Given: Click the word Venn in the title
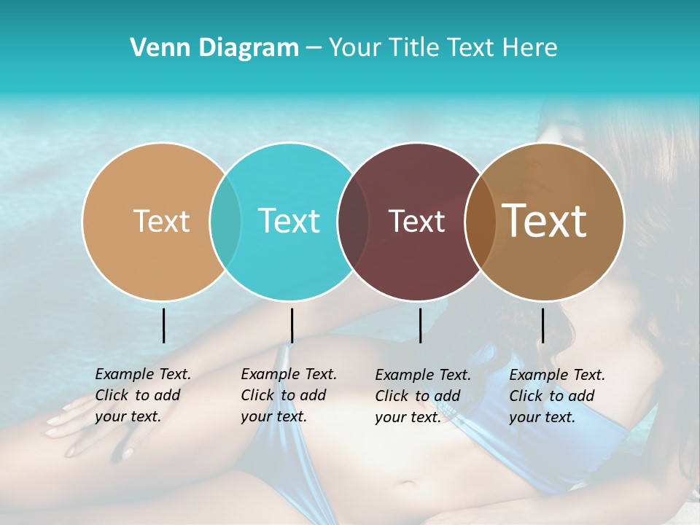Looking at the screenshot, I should tap(154, 48).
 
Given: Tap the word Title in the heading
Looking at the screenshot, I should tap(413, 48).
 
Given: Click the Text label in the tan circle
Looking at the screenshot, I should tap(161, 221).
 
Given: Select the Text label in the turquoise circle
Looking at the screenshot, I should tap(289, 221).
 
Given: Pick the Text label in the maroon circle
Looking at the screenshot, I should tap(416, 221).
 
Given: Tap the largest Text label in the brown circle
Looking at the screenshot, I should tap(545, 221).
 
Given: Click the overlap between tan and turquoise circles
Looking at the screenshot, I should tap(225, 221).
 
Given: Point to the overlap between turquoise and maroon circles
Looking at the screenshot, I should tap(353, 221).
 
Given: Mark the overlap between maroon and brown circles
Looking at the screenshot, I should tap(481, 221).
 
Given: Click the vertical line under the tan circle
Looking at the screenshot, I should tap(163, 325).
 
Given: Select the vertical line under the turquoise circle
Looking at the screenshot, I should tap(292, 325).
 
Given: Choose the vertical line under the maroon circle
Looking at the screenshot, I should tap(420, 325).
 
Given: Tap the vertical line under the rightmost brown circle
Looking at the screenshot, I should tap(542, 325).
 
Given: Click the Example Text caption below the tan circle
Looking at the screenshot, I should tap(142, 395).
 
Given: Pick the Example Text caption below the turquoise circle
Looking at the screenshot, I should tap(288, 395).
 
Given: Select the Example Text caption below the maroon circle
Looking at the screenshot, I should tap(422, 396).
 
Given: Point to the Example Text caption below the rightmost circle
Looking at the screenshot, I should tap(556, 396).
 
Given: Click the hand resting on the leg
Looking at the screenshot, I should tap(91, 427).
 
